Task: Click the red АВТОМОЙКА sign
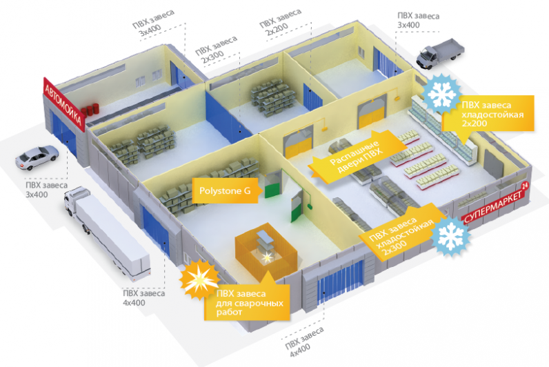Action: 64,104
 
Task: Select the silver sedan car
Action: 37,157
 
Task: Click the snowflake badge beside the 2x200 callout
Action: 440,94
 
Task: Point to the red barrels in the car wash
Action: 90,110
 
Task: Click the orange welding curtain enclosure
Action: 266,251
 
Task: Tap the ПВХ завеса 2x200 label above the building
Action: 279,21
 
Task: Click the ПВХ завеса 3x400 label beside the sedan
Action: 46,190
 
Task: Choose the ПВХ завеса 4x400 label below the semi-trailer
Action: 143,297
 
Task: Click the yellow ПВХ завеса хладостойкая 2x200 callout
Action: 488,113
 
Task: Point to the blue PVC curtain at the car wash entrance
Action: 63,133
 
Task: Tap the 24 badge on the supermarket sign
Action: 524,186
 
